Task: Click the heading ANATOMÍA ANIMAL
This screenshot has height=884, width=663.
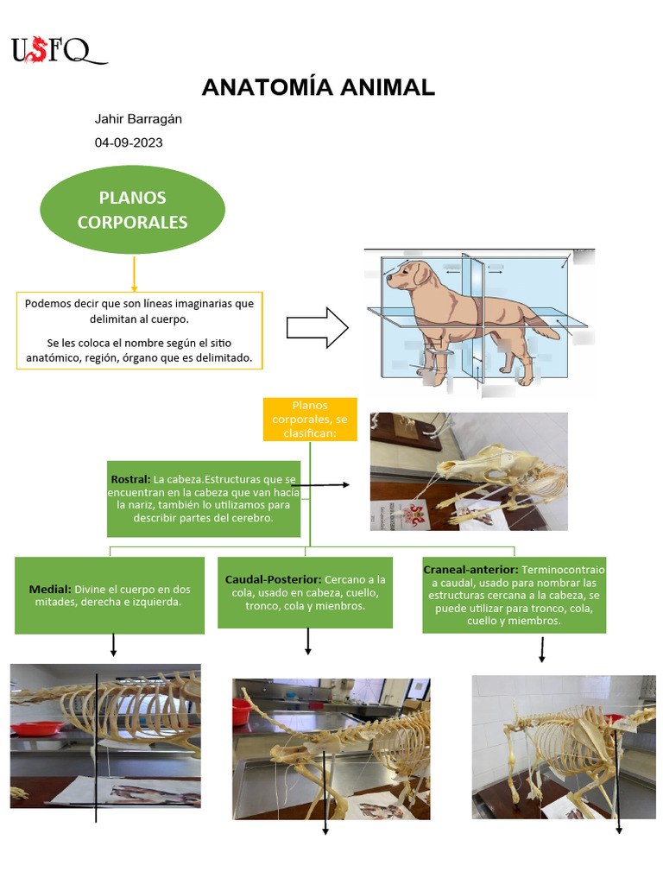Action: [318, 87]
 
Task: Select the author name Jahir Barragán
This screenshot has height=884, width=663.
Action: [138, 119]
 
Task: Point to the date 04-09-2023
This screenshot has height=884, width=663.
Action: [129, 142]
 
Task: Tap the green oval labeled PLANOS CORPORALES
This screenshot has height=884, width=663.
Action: [132, 210]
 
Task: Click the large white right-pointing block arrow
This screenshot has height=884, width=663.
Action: [317, 328]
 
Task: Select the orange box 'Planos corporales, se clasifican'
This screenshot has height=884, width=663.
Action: [310, 419]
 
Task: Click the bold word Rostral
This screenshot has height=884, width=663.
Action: [130, 478]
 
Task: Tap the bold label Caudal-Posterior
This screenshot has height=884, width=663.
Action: [273, 579]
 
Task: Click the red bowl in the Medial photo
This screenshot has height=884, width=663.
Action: [36, 728]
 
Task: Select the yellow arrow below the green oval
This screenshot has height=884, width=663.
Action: [134, 274]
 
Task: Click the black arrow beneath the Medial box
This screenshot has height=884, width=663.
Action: [114, 645]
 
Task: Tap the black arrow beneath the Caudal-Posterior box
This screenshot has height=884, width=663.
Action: [308, 641]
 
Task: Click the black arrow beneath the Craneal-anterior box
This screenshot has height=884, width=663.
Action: [541, 649]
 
